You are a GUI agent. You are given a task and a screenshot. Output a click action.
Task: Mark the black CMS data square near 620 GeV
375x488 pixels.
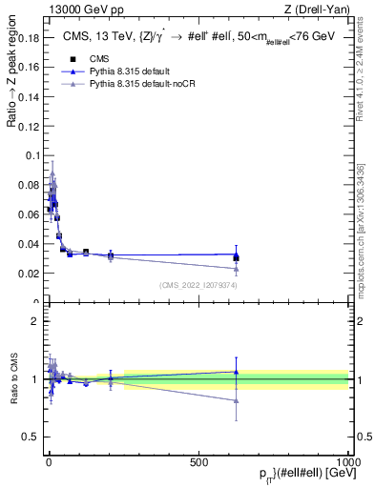(236, 257)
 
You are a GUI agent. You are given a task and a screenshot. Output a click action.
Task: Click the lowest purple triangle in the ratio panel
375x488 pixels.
(236, 400)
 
